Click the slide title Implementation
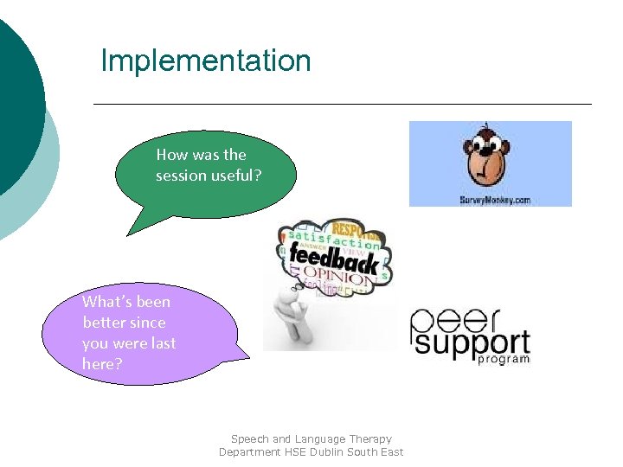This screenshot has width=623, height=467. pos(205,61)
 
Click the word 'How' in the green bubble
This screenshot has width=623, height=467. pos(170,155)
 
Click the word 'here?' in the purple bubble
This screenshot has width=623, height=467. pos(102,364)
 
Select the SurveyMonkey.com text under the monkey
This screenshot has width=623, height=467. pos(495,199)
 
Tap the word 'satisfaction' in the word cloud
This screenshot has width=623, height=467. pos(333,240)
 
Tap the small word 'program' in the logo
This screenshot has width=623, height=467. pos(504,358)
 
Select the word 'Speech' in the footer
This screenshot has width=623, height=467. pos(249,438)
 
